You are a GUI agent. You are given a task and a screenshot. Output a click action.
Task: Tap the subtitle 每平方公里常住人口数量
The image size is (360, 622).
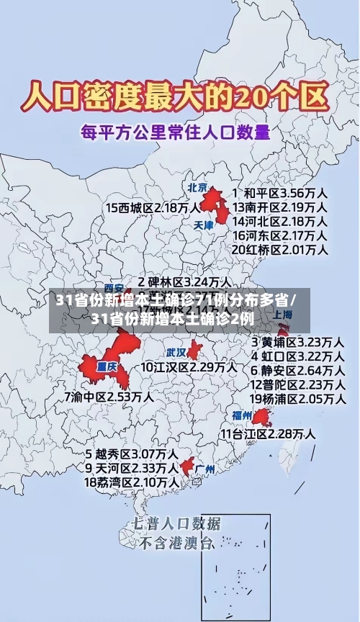[x=176, y=132]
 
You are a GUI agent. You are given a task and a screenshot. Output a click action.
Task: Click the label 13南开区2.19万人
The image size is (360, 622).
[x=279, y=207]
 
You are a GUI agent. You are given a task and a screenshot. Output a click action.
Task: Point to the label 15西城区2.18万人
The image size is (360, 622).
[x=153, y=207]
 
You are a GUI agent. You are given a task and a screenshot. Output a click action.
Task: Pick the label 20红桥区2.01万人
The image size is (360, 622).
[x=279, y=249]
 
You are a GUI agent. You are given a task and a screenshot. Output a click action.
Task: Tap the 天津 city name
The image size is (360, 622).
[x=204, y=225]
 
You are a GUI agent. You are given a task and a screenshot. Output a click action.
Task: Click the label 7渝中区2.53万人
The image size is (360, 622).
[x=109, y=397]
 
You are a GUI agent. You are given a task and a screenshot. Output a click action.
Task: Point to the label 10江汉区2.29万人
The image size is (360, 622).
[x=189, y=367]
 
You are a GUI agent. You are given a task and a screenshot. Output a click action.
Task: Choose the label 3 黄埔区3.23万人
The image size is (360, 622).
[x=297, y=341]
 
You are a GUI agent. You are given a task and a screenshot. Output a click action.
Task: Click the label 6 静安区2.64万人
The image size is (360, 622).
[x=297, y=370]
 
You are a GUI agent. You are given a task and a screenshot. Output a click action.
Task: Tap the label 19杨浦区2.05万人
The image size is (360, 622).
[x=297, y=398]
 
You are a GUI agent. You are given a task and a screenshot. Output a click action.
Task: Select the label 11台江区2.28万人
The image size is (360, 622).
[x=267, y=433]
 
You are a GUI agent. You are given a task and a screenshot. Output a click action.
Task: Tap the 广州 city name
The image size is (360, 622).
[x=205, y=469]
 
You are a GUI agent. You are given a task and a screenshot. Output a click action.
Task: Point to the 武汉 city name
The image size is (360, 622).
[x=176, y=352]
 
